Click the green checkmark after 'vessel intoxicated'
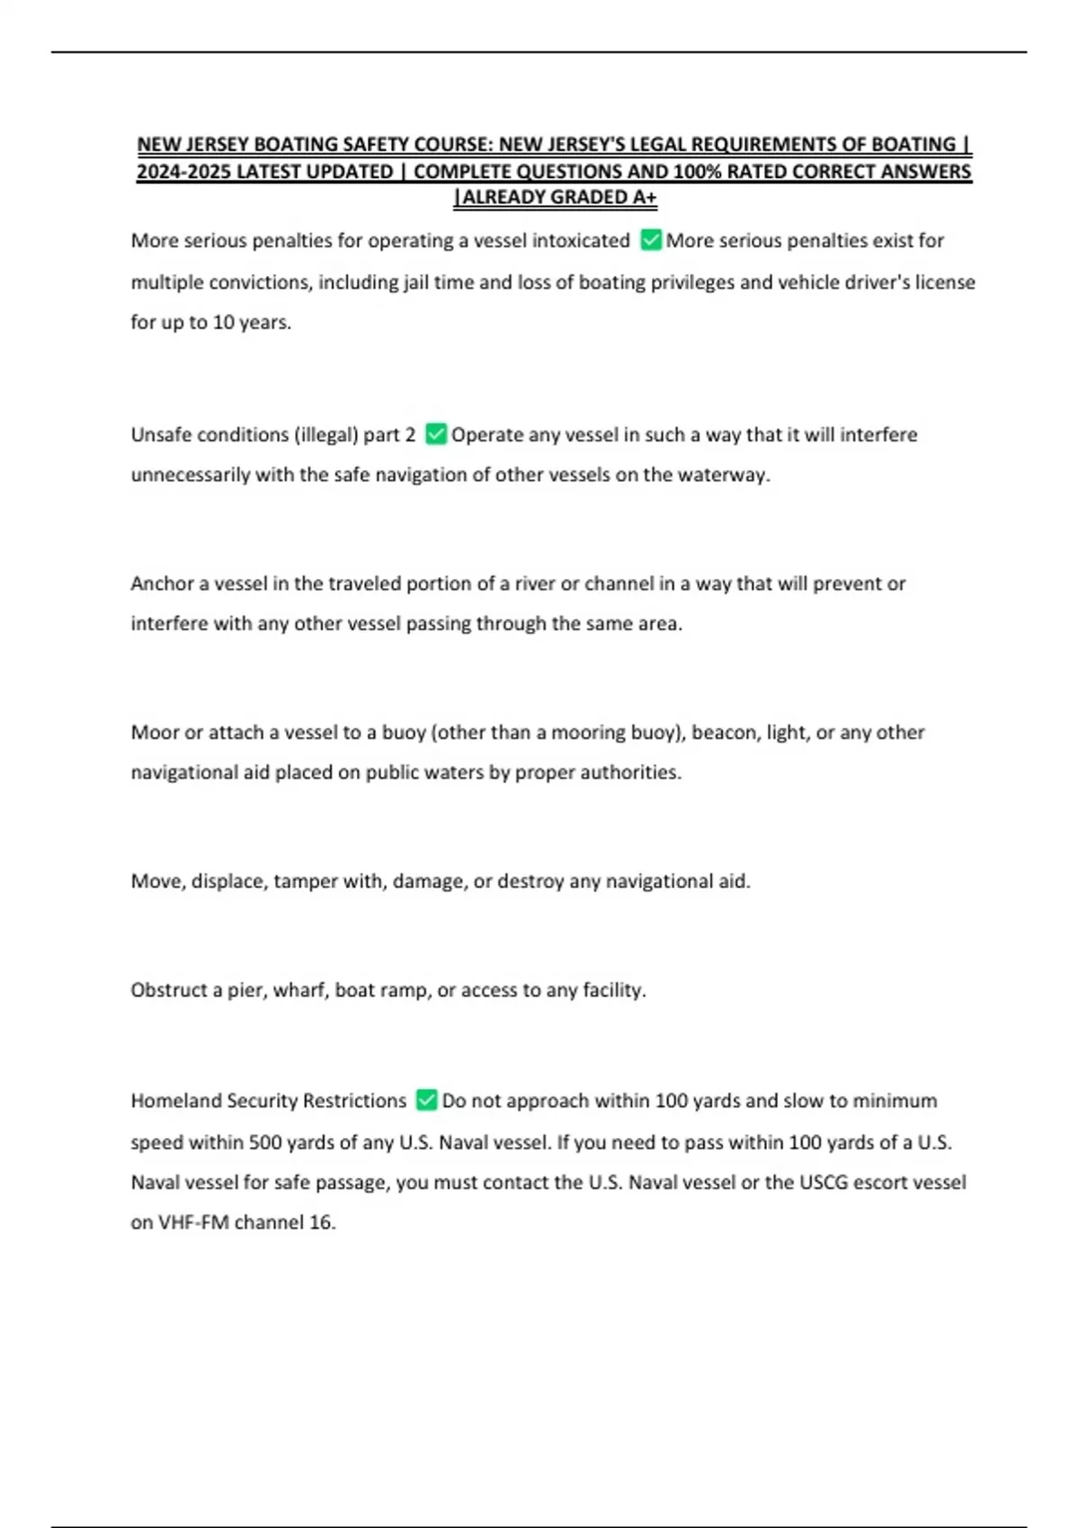coord(651,240)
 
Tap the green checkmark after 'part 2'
coord(435,434)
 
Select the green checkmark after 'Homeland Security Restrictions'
coord(426,1100)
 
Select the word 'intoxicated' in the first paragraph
coord(581,241)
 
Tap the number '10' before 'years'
coord(223,322)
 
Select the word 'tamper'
coord(306,881)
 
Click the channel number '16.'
coord(321,1222)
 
